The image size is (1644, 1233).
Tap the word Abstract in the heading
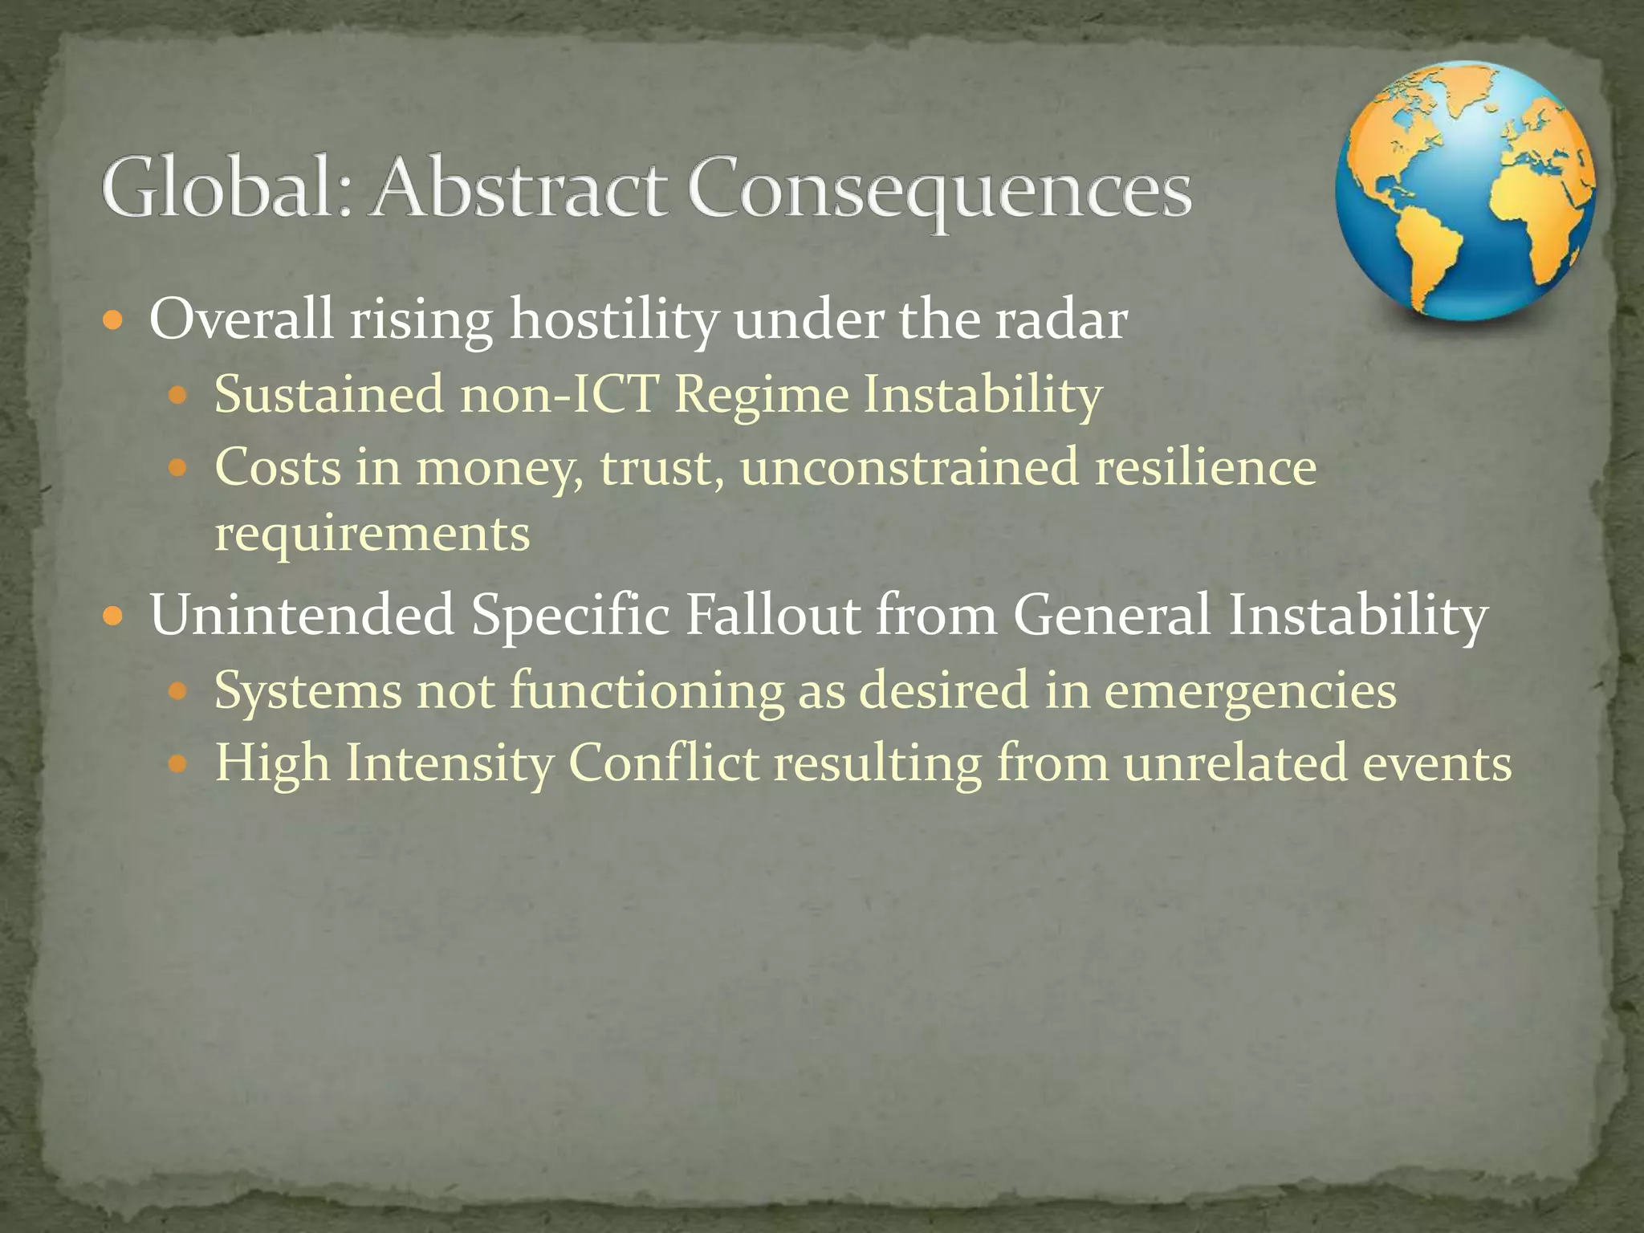518,188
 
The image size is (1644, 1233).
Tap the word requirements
372,534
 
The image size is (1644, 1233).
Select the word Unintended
302,615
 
